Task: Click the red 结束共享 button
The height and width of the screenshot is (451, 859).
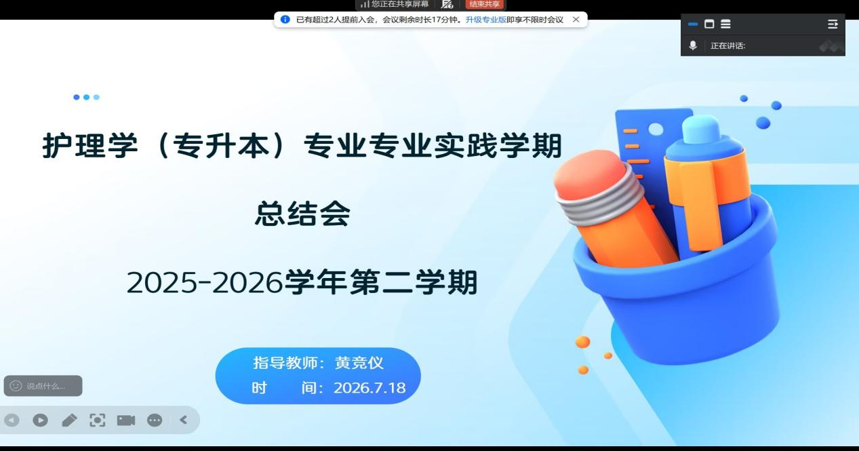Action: click(x=484, y=4)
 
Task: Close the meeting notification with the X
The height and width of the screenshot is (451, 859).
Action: click(x=576, y=20)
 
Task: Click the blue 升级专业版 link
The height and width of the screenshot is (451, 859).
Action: click(x=485, y=20)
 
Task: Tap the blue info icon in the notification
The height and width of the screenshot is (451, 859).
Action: click(x=285, y=20)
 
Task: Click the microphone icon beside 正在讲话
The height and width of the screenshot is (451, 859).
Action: click(x=693, y=45)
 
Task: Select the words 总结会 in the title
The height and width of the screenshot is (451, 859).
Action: click(x=302, y=214)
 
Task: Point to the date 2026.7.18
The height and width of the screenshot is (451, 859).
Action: click(x=369, y=388)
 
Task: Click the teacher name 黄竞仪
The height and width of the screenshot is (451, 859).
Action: click(x=359, y=363)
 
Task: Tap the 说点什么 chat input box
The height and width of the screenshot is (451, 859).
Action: click(x=43, y=386)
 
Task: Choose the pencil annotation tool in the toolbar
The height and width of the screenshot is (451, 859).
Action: click(x=69, y=420)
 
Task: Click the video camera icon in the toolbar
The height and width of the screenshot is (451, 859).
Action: click(x=126, y=420)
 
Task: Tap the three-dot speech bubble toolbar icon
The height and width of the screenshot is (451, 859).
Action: click(x=155, y=420)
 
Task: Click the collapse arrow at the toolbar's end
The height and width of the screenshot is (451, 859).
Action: click(x=184, y=420)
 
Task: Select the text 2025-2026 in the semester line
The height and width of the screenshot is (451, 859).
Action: click(x=204, y=283)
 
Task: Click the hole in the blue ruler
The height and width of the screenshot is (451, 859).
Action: click(x=656, y=130)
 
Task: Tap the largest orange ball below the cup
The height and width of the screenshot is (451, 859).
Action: click(x=582, y=342)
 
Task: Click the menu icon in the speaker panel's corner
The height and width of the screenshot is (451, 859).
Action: click(x=833, y=24)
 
